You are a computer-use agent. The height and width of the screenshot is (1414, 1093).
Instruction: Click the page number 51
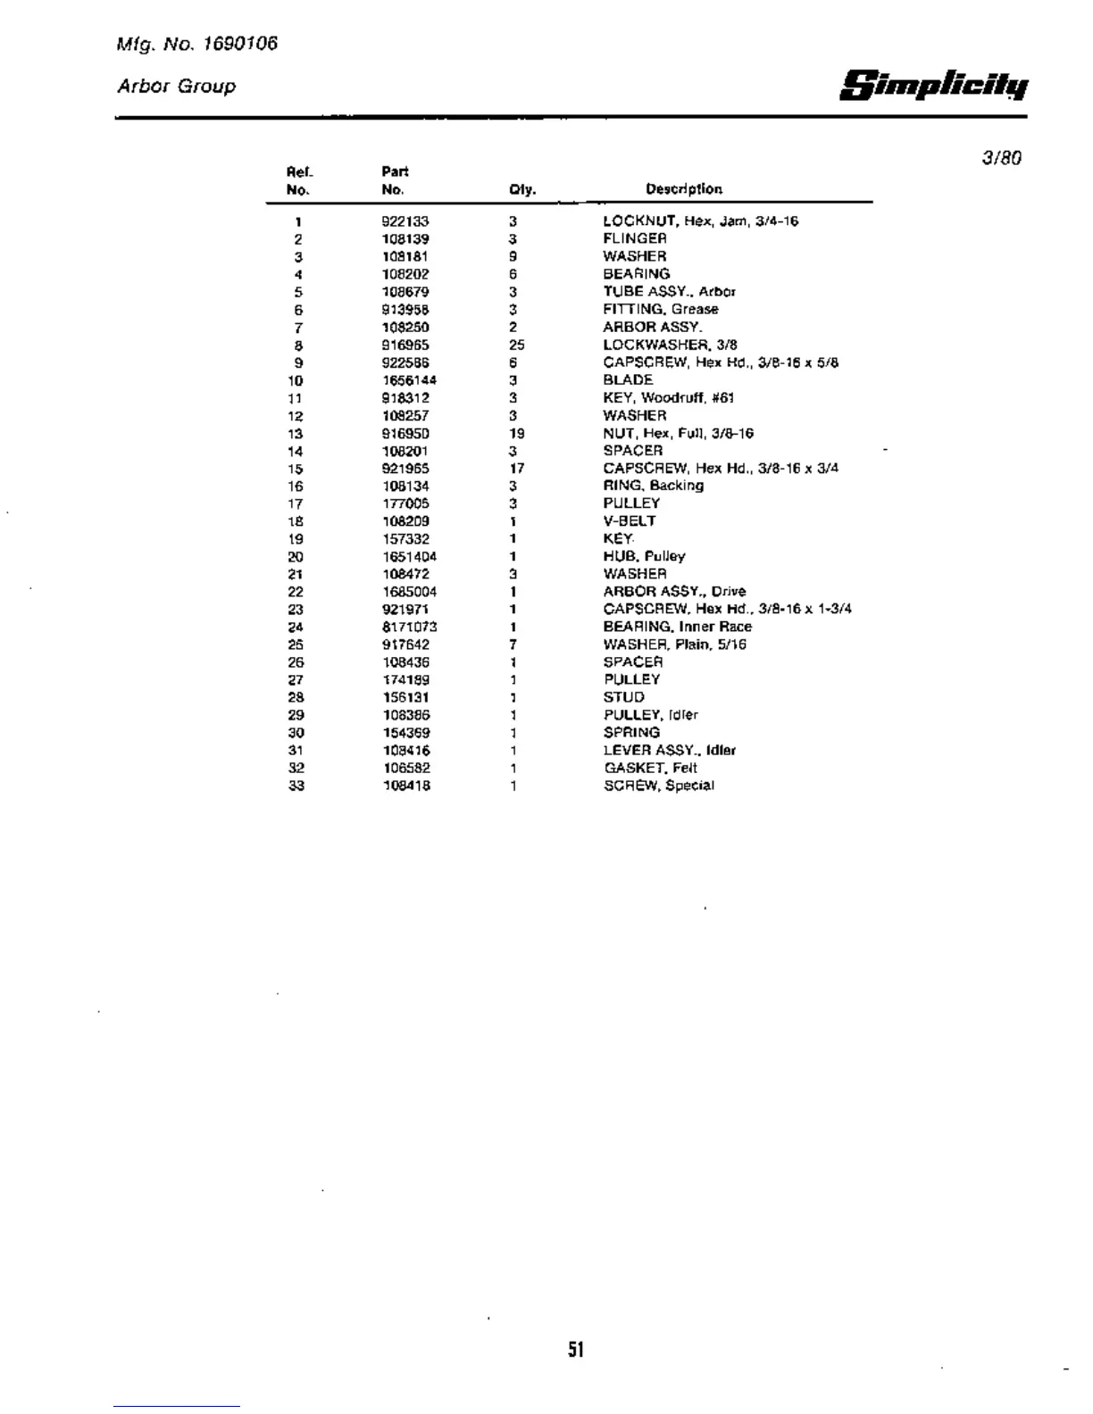click(576, 1350)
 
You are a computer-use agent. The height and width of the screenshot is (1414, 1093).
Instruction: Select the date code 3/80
click(1001, 158)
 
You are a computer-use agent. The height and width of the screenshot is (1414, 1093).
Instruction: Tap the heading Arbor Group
click(177, 87)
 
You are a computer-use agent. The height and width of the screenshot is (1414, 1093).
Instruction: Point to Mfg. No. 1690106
click(197, 43)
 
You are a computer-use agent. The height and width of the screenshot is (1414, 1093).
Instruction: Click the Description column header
click(684, 189)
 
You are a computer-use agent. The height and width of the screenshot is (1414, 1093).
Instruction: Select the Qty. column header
click(522, 189)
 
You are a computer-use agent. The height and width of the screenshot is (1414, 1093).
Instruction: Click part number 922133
click(405, 221)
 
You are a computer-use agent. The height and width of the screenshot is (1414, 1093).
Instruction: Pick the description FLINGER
click(635, 238)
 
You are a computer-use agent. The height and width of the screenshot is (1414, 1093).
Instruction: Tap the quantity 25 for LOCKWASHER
click(516, 345)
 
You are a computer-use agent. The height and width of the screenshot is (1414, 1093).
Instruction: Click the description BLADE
click(628, 380)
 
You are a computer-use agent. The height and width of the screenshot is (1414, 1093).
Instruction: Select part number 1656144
click(409, 380)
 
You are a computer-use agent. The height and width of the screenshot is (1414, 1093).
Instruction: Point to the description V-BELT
click(630, 521)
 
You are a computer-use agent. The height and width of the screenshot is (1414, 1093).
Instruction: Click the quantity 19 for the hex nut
click(516, 433)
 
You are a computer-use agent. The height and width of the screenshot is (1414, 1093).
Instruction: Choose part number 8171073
click(409, 627)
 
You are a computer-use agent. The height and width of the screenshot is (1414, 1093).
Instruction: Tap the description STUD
click(623, 697)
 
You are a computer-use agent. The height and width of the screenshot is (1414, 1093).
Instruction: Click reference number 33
click(296, 786)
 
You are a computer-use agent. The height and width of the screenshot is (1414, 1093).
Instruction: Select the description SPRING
click(631, 732)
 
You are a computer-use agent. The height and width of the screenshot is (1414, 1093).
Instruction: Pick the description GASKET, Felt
click(650, 768)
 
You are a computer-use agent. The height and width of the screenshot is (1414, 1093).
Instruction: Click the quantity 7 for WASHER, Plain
click(513, 645)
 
